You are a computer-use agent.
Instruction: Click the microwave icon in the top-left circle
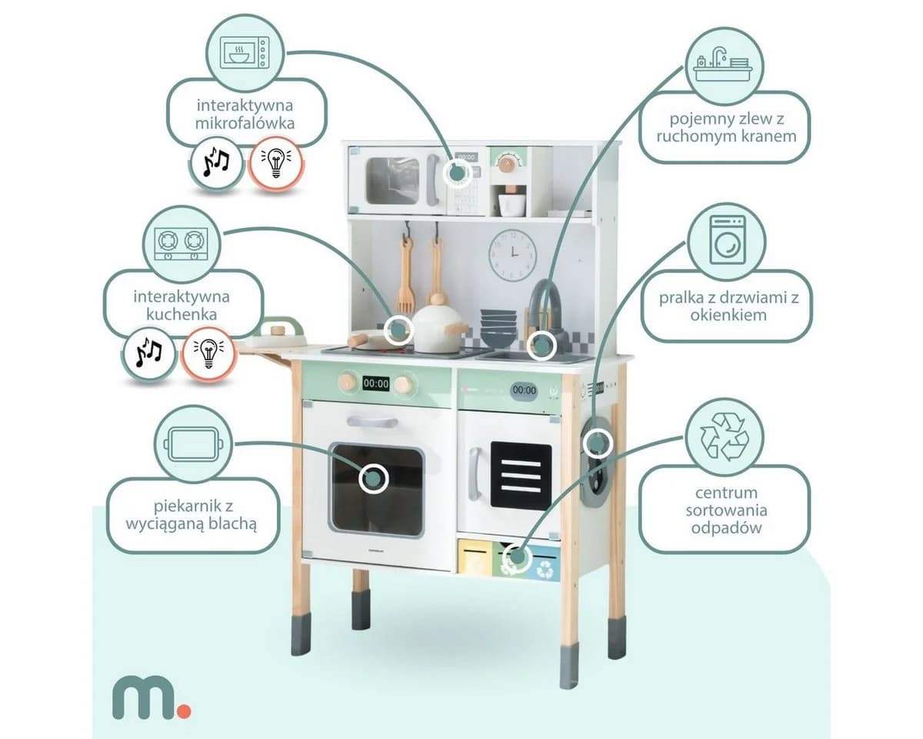click(245, 52)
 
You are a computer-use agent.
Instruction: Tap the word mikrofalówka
click(245, 123)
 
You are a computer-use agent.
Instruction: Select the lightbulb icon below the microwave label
click(276, 162)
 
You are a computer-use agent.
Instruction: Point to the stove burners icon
click(182, 244)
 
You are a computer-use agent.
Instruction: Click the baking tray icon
click(193, 444)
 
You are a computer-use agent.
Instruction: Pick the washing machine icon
click(728, 239)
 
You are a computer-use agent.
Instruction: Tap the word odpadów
click(726, 527)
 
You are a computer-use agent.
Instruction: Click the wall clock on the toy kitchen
click(512, 255)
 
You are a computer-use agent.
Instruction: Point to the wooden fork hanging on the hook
click(405, 274)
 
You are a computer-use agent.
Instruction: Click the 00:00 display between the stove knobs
click(375, 383)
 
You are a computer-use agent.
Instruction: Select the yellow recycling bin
click(475, 557)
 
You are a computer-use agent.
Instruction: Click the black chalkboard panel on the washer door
click(521, 475)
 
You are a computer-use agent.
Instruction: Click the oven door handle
click(372, 421)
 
